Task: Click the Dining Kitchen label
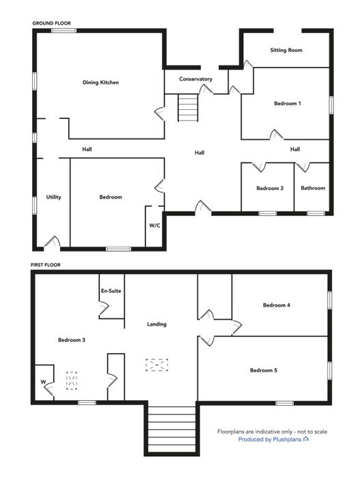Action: [x=100, y=83]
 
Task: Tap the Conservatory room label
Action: [x=195, y=79]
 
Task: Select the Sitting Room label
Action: [x=286, y=50]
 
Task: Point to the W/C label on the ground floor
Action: [x=154, y=225]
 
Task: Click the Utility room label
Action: [x=54, y=197]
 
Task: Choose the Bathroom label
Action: [x=313, y=188]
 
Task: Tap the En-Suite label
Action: [x=111, y=291]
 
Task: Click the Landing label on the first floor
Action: [x=157, y=324]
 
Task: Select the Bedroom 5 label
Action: [x=264, y=370]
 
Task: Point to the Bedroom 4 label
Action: [x=277, y=305]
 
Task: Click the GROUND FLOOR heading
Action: [x=51, y=23]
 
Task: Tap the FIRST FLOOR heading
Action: [x=46, y=265]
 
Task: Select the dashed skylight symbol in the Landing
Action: [x=157, y=365]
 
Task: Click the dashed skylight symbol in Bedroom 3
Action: [x=72, y=381]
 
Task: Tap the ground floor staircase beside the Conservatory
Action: [x=188, y=108]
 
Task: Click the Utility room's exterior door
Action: [x=52, y=243]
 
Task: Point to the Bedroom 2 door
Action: [x=259, y=167]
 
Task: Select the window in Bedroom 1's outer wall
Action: [x=331, y=105]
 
